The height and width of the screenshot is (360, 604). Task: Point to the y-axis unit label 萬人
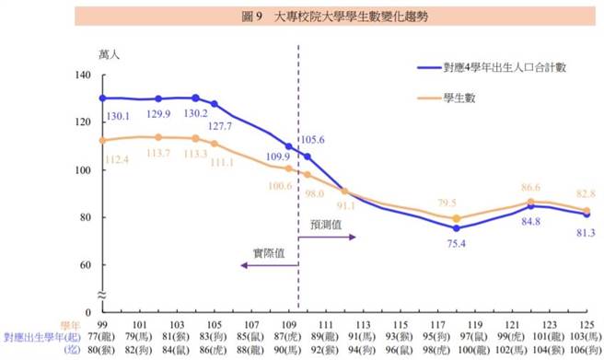click(x=110, y=54)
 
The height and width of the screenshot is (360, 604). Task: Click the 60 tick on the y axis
click(x=86, y=265)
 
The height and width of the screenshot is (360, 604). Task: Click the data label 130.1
click(x=117, y=116)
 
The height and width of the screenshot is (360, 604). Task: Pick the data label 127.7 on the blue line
click(x=218, y=126)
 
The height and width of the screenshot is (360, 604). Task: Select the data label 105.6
click(x=315, y=140)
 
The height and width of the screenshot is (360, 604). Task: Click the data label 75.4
click(x=458, y=244)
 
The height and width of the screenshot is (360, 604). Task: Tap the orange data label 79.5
click(x=448, y=203)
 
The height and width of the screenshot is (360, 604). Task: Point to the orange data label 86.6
click(x=528, y=187)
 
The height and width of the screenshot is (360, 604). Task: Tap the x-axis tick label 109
click(x=290, y=325)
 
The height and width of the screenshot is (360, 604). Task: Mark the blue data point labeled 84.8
click(x=529, y=206)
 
